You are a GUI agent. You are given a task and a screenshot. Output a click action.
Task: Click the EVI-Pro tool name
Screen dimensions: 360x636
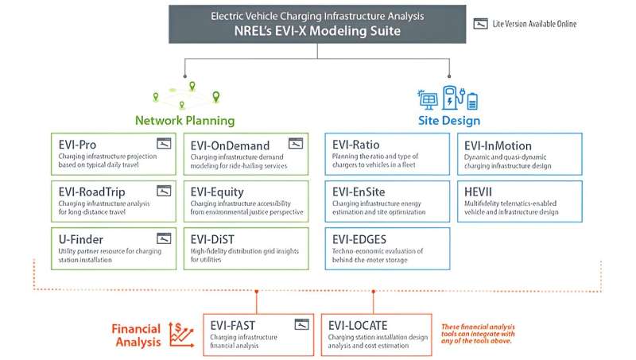(78, 145)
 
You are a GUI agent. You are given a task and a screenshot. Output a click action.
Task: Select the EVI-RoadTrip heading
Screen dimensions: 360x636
(91, 192)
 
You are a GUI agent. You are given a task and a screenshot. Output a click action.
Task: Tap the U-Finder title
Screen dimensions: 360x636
(81, 238)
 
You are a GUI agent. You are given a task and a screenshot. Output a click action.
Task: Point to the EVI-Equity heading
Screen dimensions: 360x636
(218, 192)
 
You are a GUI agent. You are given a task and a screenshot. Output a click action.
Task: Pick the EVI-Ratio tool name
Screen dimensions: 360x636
(356, 145)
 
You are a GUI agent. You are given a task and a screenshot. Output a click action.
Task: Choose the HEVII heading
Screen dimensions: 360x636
(481, 192)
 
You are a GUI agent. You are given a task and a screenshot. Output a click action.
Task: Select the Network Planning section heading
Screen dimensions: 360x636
(184, 121)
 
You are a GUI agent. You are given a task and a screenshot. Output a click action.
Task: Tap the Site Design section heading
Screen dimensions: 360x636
(449, 121)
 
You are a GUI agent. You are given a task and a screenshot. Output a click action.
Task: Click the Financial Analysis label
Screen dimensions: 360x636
(136, 335)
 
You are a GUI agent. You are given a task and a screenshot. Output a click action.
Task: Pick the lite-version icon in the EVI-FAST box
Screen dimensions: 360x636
(301, 324)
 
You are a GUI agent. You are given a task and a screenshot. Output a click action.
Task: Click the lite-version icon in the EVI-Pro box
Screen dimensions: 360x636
(164, 144)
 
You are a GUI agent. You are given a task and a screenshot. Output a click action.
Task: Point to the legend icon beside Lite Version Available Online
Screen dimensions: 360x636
(479, 24)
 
